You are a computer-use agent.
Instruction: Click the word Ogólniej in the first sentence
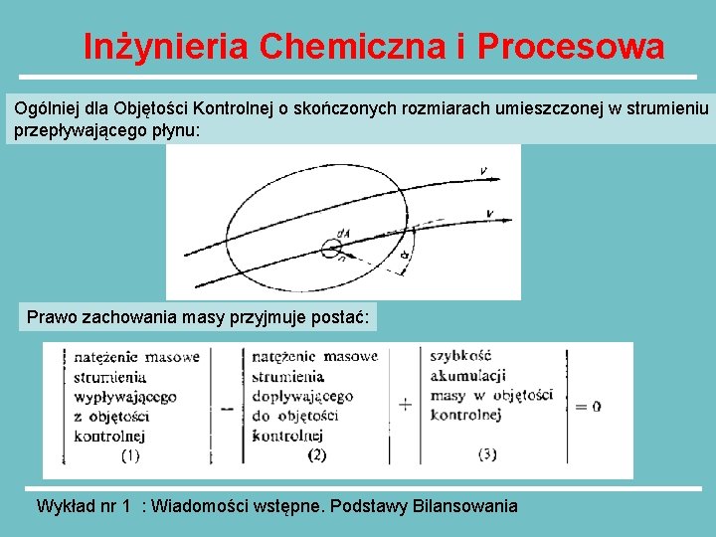pos(44,106)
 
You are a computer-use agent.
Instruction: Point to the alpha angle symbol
pos(406,258)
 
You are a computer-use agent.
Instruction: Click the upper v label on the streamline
pos(483,170)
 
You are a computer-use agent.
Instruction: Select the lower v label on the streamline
pos(490,213)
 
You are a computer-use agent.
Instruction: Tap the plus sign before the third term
pos(405,405)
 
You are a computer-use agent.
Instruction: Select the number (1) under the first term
pos(130,455)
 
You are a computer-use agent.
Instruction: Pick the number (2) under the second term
pos(316,455)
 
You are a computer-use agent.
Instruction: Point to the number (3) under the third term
pos(487,454)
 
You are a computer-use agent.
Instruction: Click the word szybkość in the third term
pos(460,355)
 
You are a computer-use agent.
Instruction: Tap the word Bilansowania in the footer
pos(463,506)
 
